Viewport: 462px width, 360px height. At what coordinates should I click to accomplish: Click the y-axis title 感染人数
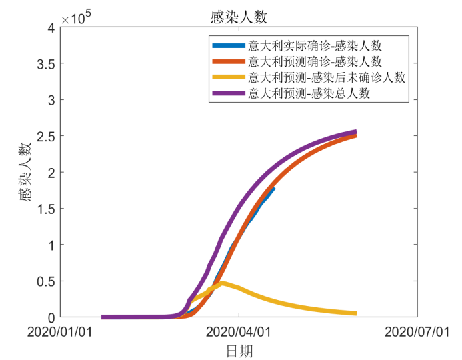(25, 172)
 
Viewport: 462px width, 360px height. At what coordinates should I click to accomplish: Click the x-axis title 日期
(240, 350)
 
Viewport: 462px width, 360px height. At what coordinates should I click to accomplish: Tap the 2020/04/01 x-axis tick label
(240, 331)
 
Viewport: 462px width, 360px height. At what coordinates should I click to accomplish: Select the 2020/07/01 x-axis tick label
(418, 331)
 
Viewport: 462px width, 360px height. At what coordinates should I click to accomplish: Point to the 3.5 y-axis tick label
(45, 64)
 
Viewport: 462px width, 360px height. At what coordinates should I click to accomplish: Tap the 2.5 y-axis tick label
(45, 136)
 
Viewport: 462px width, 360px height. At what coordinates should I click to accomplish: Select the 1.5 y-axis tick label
(45, 209)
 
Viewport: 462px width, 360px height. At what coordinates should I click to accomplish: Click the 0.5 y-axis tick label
(45, 281)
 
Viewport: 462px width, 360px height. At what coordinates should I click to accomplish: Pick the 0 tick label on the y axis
(51, 317)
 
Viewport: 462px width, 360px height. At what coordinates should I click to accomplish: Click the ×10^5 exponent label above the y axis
(75, 19)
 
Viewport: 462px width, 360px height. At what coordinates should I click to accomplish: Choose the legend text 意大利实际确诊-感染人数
(315, 46)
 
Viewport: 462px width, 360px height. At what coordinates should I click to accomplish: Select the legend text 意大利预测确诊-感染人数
(315, 62)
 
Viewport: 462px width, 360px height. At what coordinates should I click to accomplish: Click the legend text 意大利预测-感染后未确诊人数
(327, 78)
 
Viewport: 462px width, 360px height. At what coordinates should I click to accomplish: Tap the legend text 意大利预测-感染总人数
(309, 94)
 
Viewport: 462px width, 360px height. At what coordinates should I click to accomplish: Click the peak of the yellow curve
(222, 283)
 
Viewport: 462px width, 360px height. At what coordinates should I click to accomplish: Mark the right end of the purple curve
(355, 132)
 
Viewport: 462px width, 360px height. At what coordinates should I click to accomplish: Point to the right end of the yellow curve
(355, 313)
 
